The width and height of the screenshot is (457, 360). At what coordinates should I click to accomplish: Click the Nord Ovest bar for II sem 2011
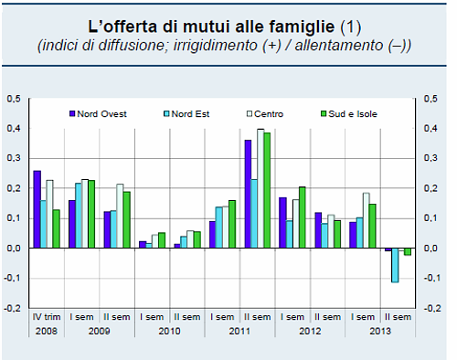click(248, 194)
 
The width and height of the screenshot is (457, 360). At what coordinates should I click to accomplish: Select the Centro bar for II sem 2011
click(260, 188)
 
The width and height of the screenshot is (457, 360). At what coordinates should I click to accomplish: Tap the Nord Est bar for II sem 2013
click(395, 265)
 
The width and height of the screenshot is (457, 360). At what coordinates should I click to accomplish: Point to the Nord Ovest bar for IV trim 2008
click(37, 208)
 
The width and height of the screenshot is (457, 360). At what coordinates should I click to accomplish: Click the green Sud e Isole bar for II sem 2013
click(408, 251)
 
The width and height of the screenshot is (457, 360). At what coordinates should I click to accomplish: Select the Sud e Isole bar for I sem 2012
click(303, 217)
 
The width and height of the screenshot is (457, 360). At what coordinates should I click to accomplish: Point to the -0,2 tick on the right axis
click(427, 308)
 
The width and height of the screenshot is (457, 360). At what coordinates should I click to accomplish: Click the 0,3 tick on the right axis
click(426, 158)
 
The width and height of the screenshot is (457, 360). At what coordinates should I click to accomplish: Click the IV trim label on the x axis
click(44, 317)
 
